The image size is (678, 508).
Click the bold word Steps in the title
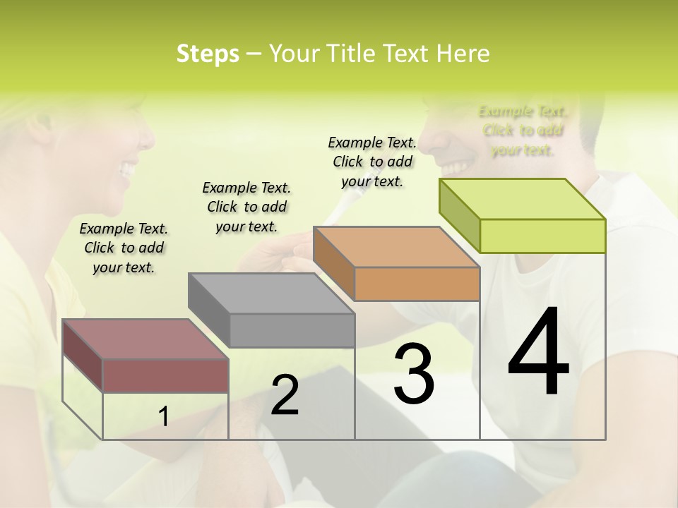coord(208,54)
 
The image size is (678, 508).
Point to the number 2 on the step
coord(285,395)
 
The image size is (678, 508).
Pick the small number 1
coord(164,417)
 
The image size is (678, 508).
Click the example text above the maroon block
coord(124,248)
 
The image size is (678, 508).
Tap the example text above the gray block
coord(246,207)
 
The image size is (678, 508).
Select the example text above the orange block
coord(372,162)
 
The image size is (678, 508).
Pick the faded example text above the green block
coord(523,131)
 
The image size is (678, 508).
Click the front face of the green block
coord(542,236)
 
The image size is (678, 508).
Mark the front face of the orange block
coord(417,284)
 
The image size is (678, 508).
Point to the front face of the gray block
coord(292,330)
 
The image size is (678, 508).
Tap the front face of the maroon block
coord(166,375)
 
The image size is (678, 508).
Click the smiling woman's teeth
coord(128,169)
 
